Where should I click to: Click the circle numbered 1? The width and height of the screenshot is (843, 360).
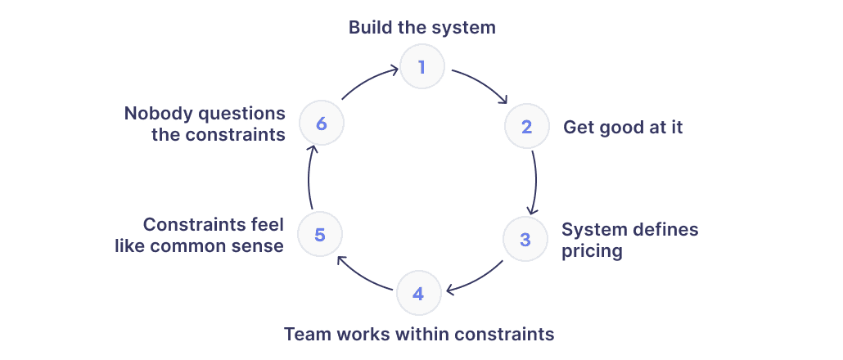[422, 66]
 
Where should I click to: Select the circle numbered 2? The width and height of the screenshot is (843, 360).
[527, 127]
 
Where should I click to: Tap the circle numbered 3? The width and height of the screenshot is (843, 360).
[525, 239]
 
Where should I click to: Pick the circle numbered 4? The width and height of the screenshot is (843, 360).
[419, 294]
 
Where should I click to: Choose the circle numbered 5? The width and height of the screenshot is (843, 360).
[320, 234]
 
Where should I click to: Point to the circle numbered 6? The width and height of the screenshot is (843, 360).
[321, 123]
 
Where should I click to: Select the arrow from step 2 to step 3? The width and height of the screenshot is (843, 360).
[536, 182]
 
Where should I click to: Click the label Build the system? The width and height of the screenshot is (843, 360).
[422, 27]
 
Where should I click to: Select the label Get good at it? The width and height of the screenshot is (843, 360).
[623, 128]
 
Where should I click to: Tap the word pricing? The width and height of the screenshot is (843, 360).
[592, 251]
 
